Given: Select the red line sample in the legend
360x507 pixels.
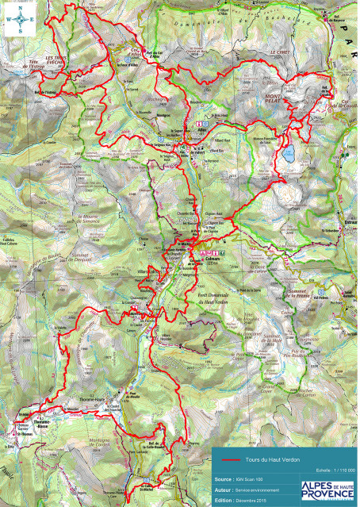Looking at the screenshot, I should (231, 460).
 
